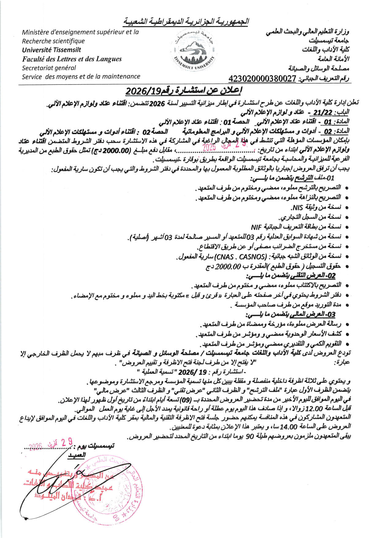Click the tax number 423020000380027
[262, 79]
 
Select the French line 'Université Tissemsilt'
[51, 50]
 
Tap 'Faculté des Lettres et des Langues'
[72, 59]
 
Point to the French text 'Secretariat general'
[49, 68]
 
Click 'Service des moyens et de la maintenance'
[81, 76]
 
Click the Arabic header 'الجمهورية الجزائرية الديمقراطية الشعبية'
[186, 21]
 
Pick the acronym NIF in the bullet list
[256, 227]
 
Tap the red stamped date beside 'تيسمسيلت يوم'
[51, 444]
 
